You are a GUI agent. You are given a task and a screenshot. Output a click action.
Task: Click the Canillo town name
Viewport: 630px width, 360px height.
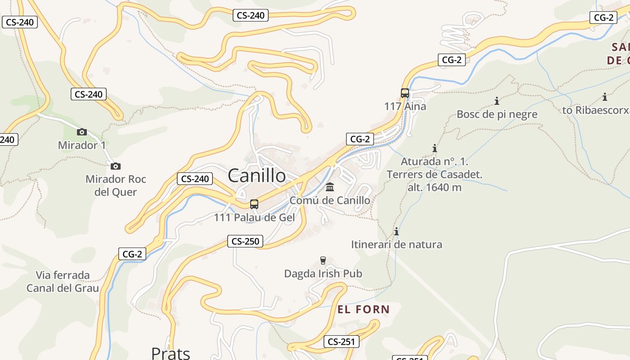[256, 175]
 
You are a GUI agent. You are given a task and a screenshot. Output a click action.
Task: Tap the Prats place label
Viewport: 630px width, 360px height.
[171, 353]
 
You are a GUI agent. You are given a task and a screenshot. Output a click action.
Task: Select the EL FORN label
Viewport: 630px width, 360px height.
[364, 309]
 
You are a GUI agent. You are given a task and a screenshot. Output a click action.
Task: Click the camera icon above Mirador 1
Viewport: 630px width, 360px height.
[81, 132]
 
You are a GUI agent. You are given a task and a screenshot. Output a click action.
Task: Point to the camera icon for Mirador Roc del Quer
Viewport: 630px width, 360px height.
[116, 166]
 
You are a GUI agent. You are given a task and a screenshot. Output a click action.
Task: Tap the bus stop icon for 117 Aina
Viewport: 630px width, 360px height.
[405, 93]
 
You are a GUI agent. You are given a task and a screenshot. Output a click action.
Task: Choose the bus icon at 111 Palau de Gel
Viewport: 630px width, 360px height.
[254, 204]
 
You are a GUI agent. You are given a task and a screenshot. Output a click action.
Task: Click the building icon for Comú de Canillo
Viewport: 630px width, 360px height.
[330, 187]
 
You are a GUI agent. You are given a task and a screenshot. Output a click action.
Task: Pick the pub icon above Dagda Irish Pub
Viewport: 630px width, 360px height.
[323, 260]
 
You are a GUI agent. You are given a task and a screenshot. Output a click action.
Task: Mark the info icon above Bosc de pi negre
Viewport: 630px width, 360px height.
[497, 100]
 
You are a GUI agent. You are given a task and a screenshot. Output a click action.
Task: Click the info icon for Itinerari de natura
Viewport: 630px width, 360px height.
[396, 231]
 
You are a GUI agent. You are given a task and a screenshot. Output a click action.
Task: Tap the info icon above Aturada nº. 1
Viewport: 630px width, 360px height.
[435, 148]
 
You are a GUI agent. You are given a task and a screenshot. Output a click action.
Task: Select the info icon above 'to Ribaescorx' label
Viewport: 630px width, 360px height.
[605, 96]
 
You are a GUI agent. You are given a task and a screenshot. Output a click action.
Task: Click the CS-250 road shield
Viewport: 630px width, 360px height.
[245, 242]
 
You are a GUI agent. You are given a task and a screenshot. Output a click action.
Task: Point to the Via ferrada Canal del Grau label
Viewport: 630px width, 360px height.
[63, 282]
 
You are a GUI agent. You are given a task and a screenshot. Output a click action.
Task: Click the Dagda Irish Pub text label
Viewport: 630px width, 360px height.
[323, 274]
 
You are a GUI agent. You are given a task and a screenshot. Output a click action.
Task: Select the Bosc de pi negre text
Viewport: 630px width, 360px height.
[497, 114]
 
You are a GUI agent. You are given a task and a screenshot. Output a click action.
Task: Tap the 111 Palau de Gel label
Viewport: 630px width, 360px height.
[254, 218]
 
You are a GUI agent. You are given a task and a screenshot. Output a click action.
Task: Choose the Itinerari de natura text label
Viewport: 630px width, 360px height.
[396, 245]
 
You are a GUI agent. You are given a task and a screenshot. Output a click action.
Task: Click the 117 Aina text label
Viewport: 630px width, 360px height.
[405, 107]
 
